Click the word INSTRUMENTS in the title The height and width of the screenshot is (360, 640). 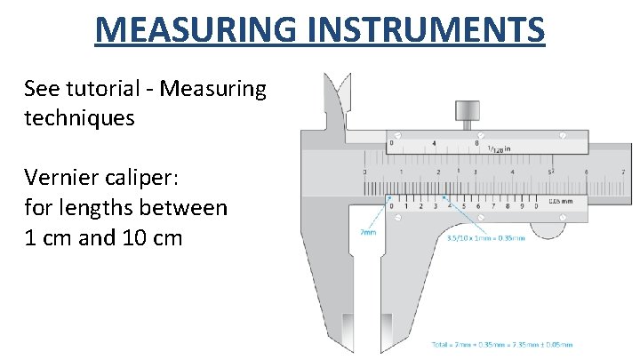[427, 28]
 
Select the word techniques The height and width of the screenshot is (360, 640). [80, 117]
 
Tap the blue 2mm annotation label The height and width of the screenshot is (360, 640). [367, 231]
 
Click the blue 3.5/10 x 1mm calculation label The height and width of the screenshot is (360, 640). [485, 237]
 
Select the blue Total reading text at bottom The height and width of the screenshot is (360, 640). [501, 344]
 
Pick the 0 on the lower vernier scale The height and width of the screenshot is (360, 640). [392, 207]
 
